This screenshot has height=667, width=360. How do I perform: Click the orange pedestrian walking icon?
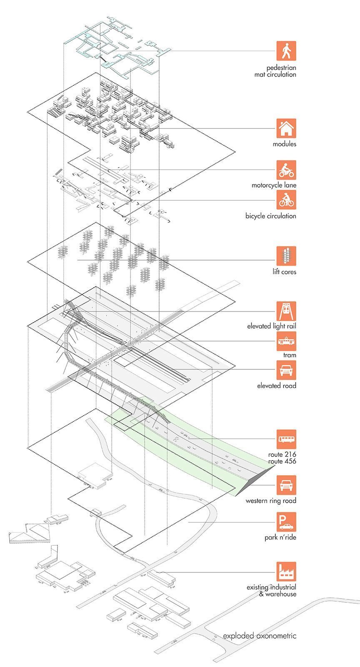(x=286, y=51)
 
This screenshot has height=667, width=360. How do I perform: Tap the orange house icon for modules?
(x=286, y=128)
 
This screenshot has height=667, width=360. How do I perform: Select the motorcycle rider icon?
(x=286, y=170)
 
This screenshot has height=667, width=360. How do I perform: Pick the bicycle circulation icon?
(x=286, y=200)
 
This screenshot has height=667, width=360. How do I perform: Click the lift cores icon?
(x=286, y=256)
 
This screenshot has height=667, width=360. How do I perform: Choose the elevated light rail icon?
(x=286, y=311)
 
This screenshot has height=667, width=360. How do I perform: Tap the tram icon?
(x=286, y=341)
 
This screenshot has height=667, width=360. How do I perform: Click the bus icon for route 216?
(x=286, y=439)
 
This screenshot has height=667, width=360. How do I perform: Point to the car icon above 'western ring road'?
(x=286, y=485)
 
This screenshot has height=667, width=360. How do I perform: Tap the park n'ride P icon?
(x=286, y=522)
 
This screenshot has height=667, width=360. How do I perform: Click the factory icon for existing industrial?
(x=286, y=572)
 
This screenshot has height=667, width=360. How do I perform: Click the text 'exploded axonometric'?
(x=260, y=636)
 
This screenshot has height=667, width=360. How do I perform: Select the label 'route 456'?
(x=282, y=461)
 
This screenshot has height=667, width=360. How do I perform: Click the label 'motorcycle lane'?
(x=274, y=185)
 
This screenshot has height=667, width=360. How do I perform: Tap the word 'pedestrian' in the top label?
(x=281, y=68)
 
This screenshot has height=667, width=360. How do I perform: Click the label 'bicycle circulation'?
(x=270, y=216)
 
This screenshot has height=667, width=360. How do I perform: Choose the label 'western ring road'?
(x=270, y=501)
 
